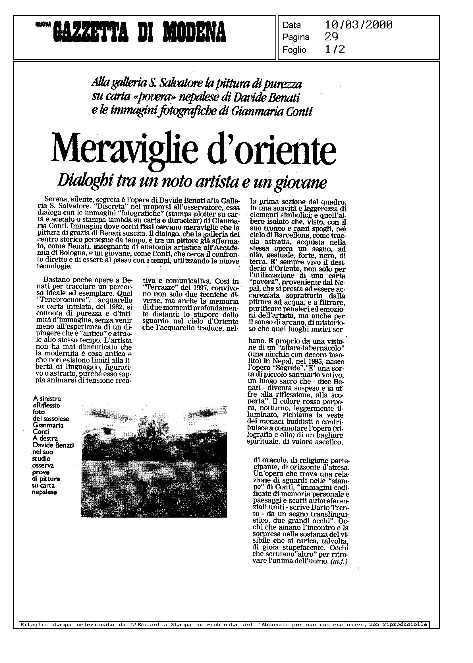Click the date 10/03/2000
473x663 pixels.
358,25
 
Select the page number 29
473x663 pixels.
331,37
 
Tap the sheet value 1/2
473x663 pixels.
335,50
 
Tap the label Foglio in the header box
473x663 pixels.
294,50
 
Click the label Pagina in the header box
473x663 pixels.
296,38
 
